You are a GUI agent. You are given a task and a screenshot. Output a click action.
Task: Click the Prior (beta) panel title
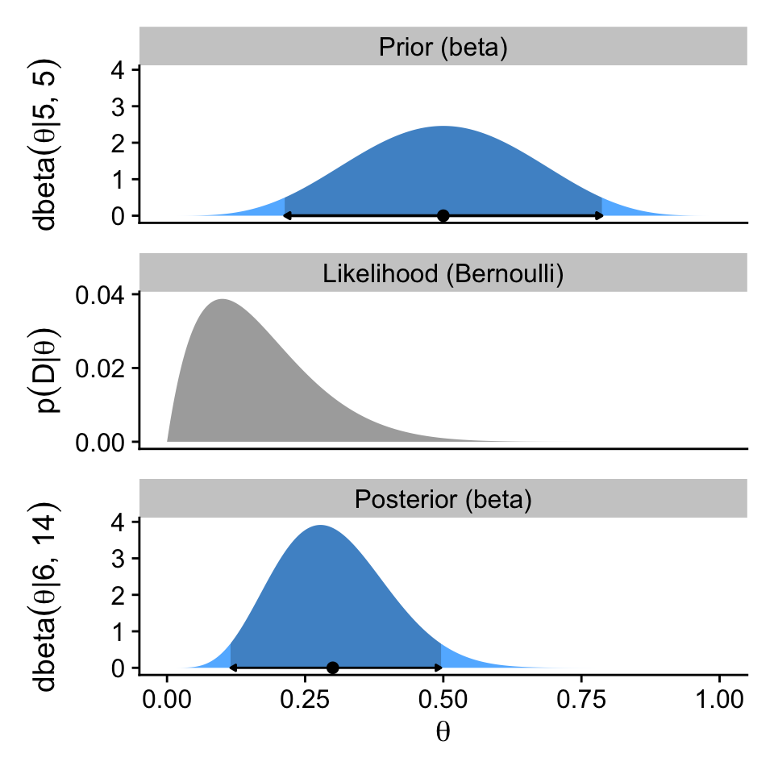[443, 48]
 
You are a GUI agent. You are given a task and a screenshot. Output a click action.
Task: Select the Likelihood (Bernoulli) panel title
[443, 274]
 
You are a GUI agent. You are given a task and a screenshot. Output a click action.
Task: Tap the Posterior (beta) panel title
[443, 500]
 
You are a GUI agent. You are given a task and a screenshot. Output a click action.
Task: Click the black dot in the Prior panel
[443, 215]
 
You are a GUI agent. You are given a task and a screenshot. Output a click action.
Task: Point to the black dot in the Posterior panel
[332, 668]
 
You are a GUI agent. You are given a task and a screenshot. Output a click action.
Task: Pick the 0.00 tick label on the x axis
[167, 698]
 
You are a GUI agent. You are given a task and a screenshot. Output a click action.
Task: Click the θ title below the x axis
[443, 732]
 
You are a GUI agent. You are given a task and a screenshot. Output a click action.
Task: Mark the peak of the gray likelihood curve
[222, 300]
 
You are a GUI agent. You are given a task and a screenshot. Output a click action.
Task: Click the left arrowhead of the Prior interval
[286, 215]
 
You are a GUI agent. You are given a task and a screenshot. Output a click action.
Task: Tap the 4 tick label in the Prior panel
[119, 70]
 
